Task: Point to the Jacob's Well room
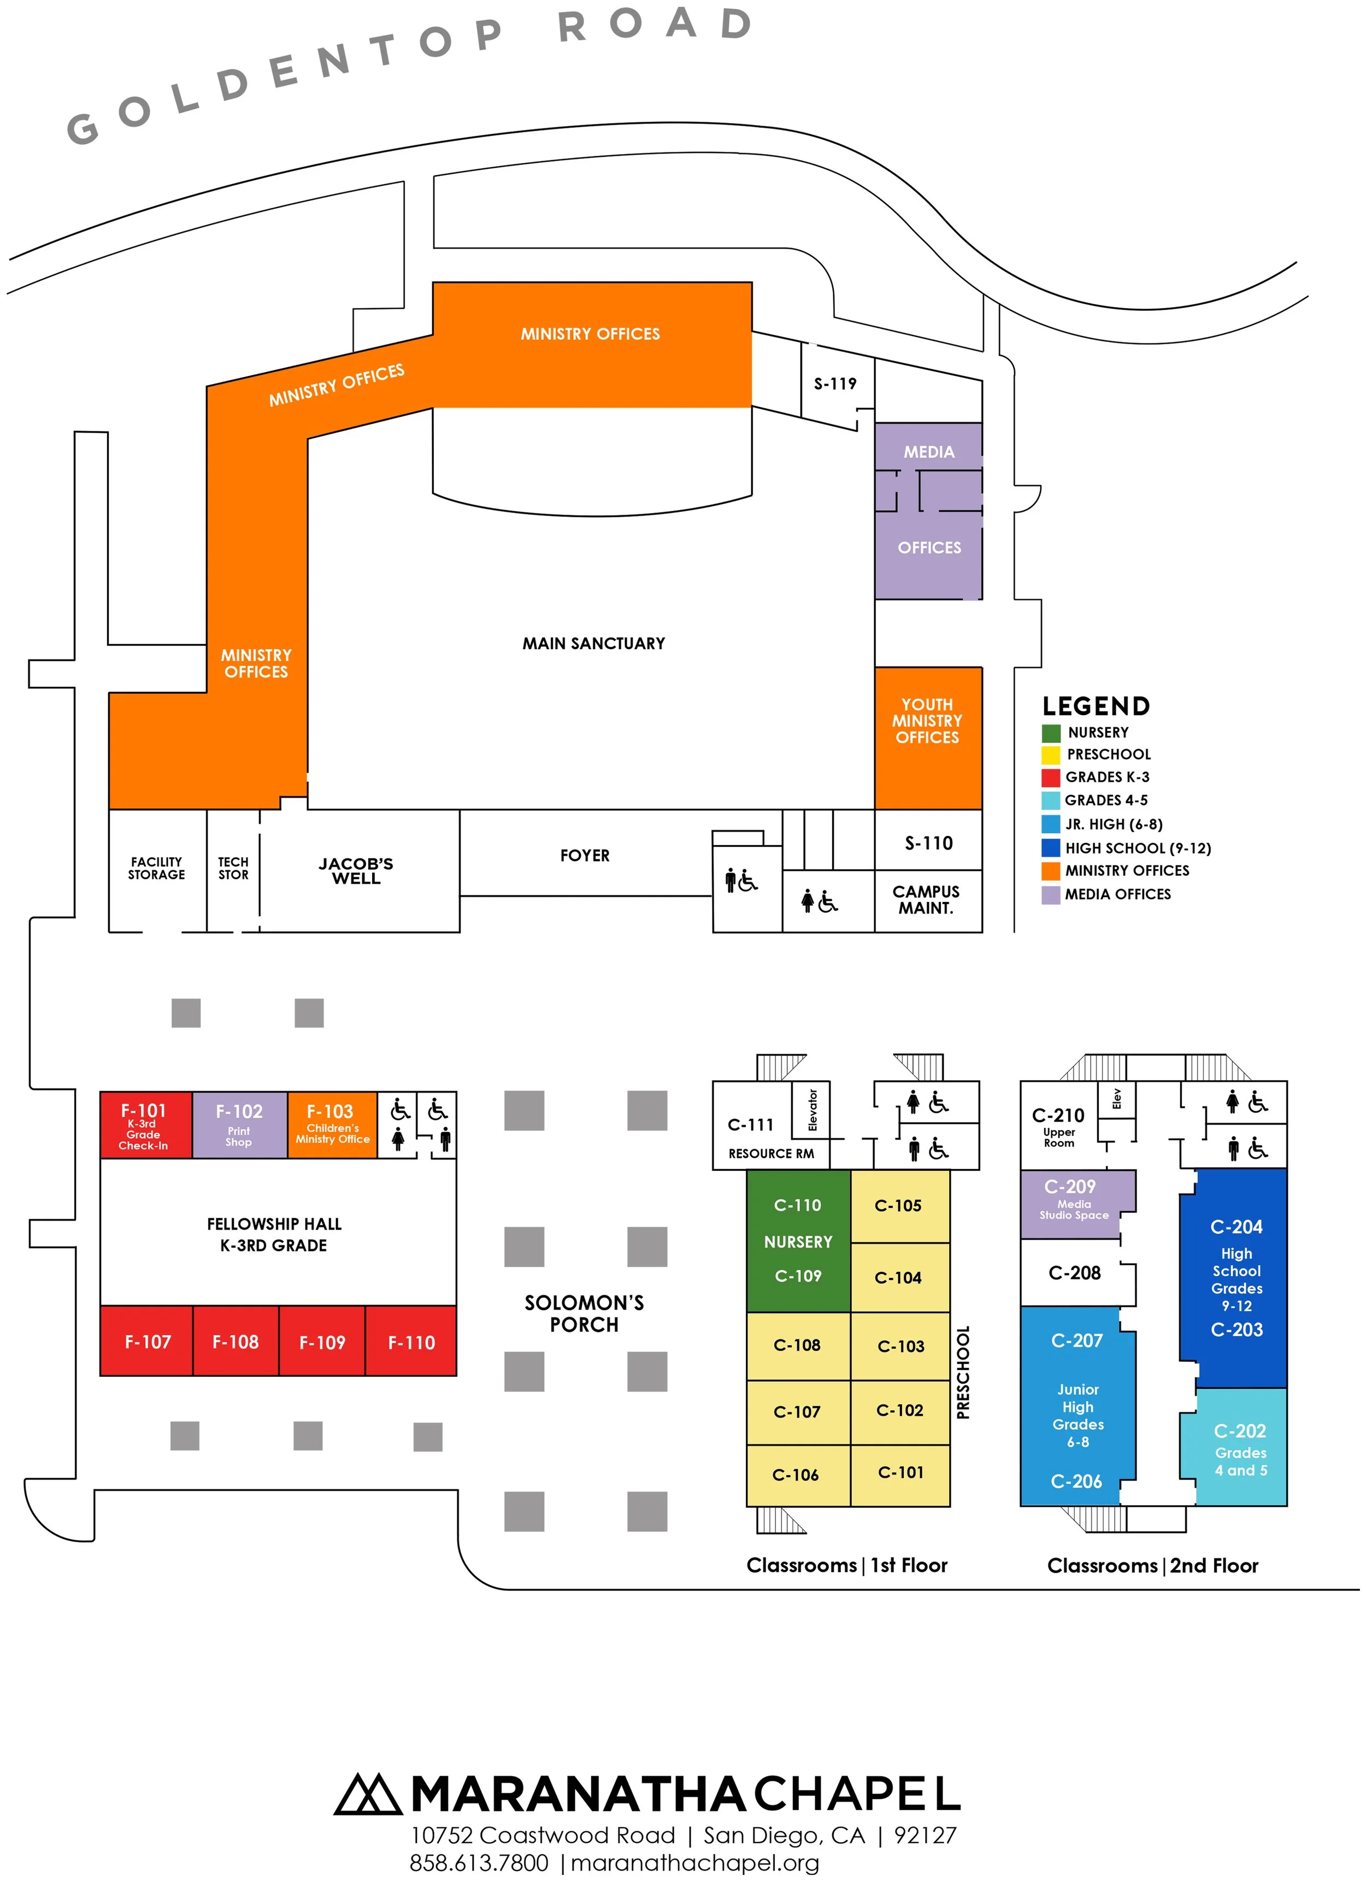[x=357, y=871]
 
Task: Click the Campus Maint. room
[x=927, y=900]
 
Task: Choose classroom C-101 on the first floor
[x=900, y=1473]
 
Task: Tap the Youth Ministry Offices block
[x=927, y=722]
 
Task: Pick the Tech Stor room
[x=233, y=868]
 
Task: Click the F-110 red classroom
[x=411, y=1342]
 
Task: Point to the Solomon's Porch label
[x=585, y=1313]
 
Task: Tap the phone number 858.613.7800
[x=479, y=1863]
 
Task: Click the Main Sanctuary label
[x=594, y=644]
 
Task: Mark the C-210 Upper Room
[x=1058, y=1125]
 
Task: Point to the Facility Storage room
[x=157, y=868]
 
